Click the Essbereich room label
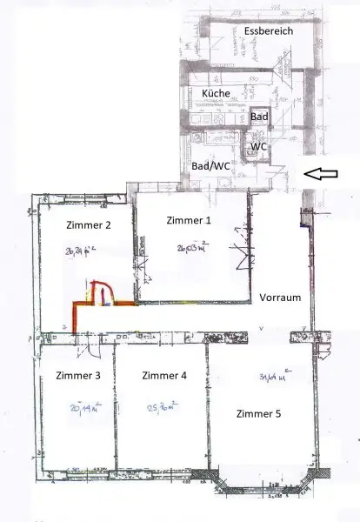click(269, 31)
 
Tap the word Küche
click(216, 93)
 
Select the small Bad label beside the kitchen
click(259, 117)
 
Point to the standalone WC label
click(258, 147)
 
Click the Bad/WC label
click(210, 164)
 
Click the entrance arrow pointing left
click(324, 175)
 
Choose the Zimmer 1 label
click(188, 221)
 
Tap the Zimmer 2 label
click(88, 225)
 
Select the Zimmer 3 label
click(78, 377)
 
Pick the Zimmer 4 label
click(163, 377)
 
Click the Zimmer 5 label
click(259, 414)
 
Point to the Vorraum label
click(280, 298)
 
